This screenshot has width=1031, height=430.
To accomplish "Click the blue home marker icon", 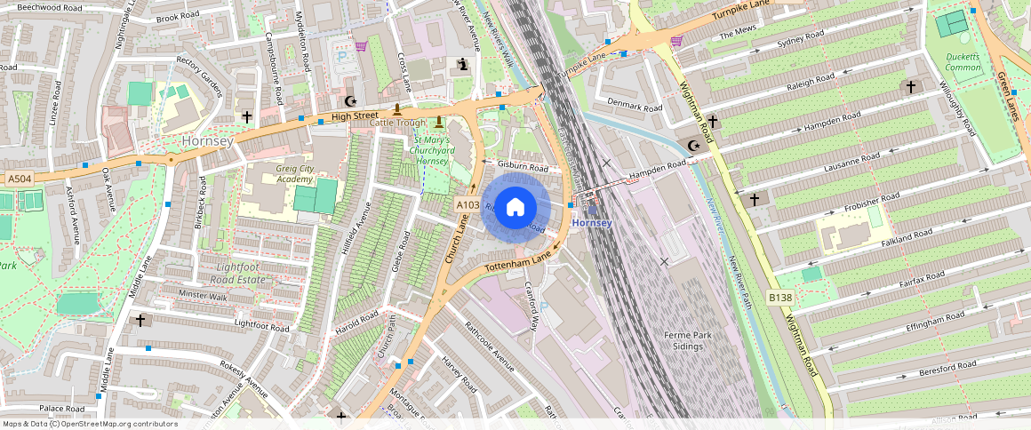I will (x=515, y=208).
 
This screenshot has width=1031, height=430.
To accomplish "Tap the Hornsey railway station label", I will (x=592, y=222).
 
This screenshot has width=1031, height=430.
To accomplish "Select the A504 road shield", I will (x=20, y=179).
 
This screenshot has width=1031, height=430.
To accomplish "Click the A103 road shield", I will (x=468, y=205).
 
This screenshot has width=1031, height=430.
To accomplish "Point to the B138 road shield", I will (x=779, y=296).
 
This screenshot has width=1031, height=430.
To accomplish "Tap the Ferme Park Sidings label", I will (x=690, y=340).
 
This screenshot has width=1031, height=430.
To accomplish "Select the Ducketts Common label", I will (x=963, y=61).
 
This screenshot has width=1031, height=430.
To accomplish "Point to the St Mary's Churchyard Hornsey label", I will (x=431, y=150).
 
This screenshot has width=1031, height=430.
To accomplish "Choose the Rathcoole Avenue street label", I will (x=490, y=343).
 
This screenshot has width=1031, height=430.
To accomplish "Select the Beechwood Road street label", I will (x=49, y=7).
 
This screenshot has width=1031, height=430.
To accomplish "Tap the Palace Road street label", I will (x=61, y=408).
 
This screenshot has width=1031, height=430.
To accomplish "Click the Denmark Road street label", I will (x=635, y=107).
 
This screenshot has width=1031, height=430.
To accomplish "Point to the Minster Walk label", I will (x=204, y=295).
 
